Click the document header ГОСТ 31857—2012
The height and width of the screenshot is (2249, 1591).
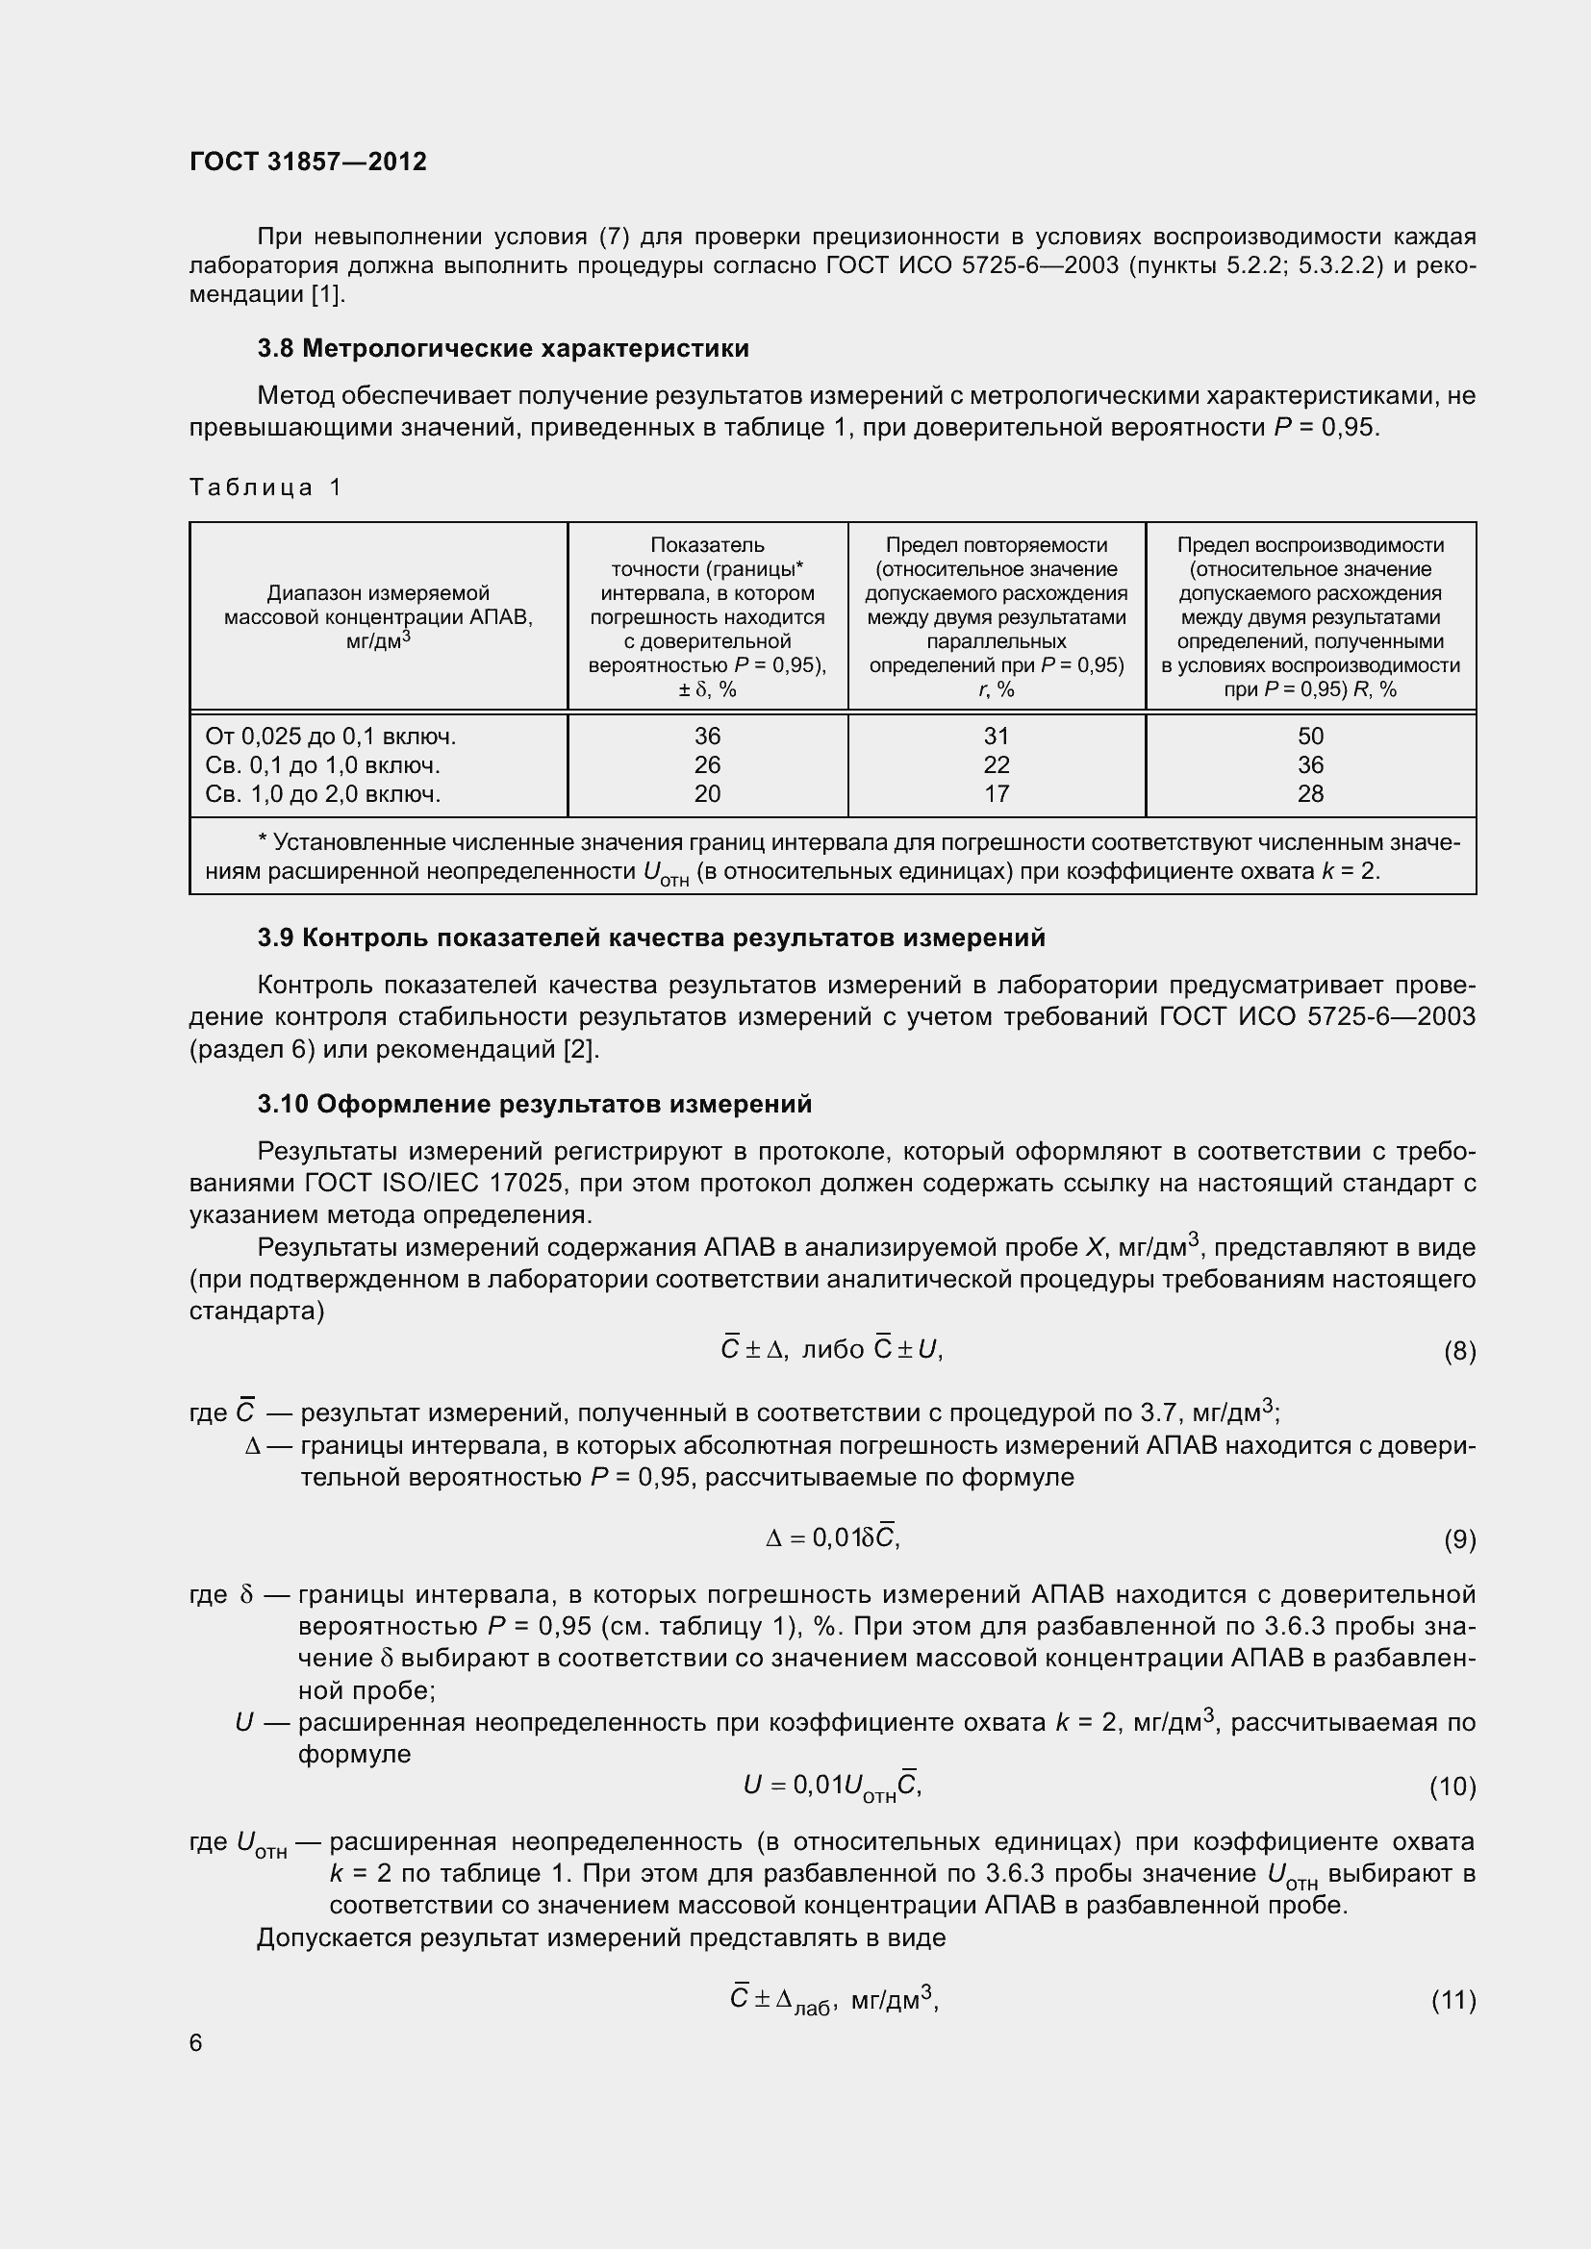[x=308, y=162]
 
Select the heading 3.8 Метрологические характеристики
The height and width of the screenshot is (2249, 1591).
[x=502, y=349]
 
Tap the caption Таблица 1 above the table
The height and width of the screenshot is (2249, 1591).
[x=265, y=487]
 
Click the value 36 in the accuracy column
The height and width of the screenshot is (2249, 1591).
[x=706, y=736]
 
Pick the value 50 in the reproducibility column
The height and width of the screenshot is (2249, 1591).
[x=1310, y=736]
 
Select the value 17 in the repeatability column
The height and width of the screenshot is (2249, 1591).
[x=997, y=793]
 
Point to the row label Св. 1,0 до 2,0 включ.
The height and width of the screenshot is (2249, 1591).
[x=323, y=793]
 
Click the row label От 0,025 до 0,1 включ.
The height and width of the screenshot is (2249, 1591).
[x=330, y=736]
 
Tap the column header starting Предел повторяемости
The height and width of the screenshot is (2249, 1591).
[x=997, y=616]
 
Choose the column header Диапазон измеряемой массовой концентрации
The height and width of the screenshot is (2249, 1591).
[x=378, y=616]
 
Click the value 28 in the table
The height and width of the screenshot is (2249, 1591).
[x=1310, y=793]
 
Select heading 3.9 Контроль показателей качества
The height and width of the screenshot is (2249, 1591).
[x=650, y=938]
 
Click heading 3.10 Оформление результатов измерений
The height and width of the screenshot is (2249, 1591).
[x=534, y=1105]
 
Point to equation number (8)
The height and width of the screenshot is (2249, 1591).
[x=1459, y=1352]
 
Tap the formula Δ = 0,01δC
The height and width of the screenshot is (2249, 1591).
[x=832, y=1538]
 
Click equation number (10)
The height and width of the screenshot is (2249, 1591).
[x=1452, y=1787]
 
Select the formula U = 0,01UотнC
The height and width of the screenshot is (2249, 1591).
[x=832, y=1786]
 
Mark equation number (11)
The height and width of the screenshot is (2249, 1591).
[x=1452, y=1999]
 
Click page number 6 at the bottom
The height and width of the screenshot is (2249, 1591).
[x=196, y=2042]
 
